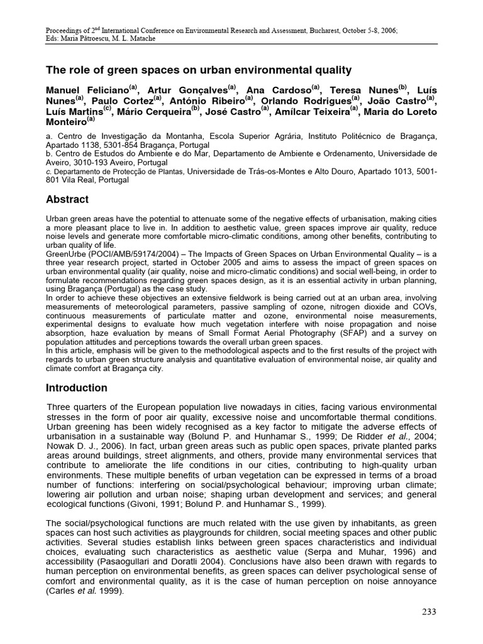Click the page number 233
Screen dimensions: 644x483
click(x=428, y=611)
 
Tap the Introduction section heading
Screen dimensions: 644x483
click(x=77, y=387)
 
